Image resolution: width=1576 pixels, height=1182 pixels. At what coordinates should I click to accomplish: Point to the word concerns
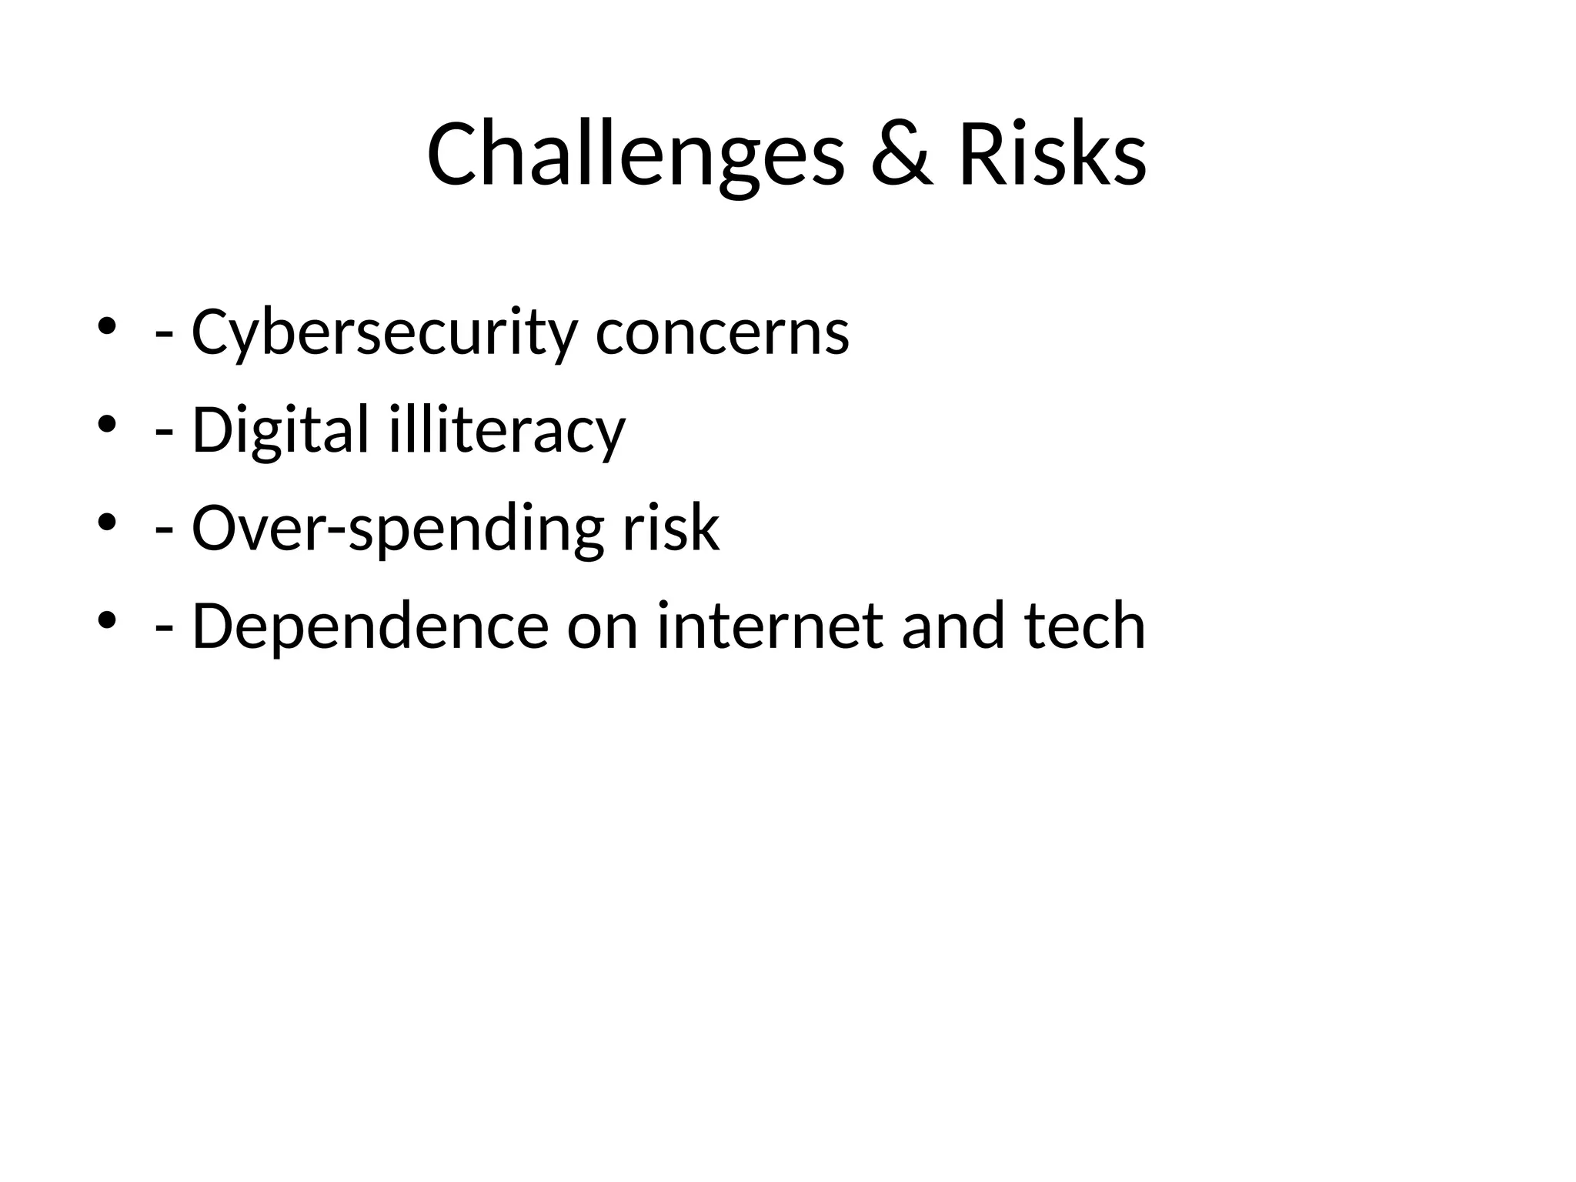(723, 332)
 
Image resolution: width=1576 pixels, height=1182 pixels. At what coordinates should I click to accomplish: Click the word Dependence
(370, 626)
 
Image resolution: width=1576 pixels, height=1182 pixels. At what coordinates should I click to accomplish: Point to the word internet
(770, 626)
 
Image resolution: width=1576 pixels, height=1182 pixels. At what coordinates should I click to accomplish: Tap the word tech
(1085, 626)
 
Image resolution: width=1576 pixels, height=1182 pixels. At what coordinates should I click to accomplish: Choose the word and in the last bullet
(953, 626)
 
